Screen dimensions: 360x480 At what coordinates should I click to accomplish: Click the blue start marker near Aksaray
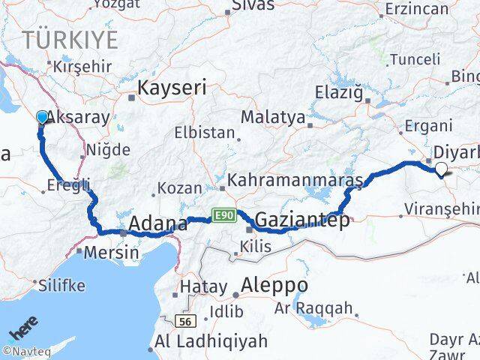41,117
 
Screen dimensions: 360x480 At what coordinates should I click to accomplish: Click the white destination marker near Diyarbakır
441,169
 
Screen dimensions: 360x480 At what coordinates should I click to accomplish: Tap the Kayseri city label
167,88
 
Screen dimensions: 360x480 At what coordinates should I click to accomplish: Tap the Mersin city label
111,252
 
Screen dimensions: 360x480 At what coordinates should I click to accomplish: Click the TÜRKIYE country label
70,38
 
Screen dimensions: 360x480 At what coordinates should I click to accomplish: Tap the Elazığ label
341,94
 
